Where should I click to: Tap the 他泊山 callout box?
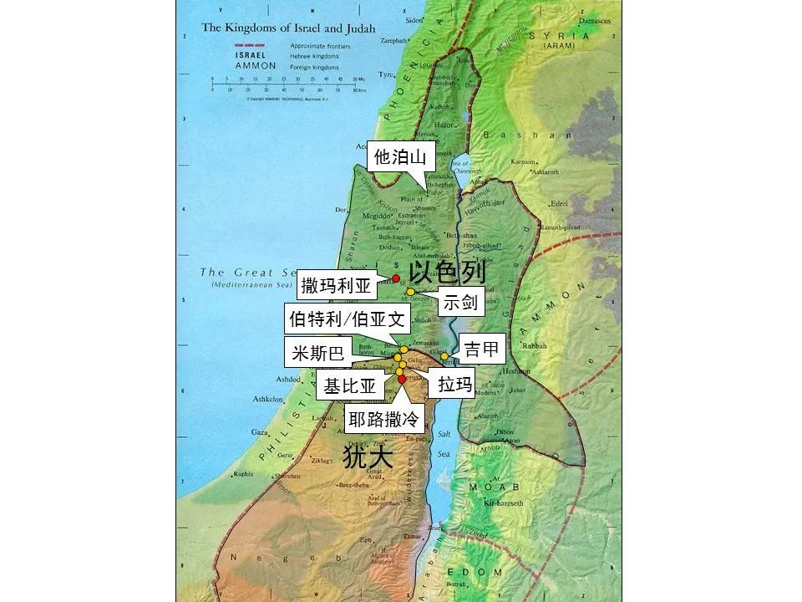point(399,156)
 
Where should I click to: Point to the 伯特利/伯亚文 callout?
point(347,319)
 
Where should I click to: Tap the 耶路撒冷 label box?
point(383,419)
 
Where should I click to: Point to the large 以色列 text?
point(448,273)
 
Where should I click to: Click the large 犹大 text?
point(368,456)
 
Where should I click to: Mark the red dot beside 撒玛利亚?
point(396,278)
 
